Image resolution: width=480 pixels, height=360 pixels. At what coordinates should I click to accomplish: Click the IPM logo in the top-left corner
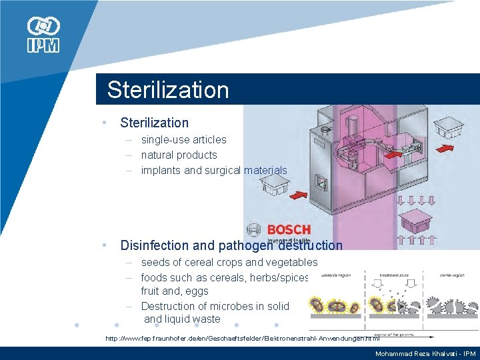click(x=43, y=35)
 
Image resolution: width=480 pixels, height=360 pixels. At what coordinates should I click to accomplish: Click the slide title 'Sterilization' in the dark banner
click(x=167, y=90)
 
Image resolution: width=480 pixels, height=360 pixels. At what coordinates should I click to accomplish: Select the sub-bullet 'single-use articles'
click(x=183, y=139)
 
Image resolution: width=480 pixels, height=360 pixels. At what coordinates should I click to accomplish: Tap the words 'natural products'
click(x=179, y=155)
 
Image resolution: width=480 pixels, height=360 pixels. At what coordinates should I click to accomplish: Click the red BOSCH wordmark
click(x=289, y=230)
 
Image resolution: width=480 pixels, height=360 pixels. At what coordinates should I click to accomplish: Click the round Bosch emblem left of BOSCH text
click(x=254, y=230)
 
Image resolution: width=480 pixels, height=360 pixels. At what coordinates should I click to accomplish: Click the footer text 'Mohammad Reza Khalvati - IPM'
click(x=425, y=353)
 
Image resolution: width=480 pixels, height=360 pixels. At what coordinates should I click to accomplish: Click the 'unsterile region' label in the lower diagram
click(x=338, y=274)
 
